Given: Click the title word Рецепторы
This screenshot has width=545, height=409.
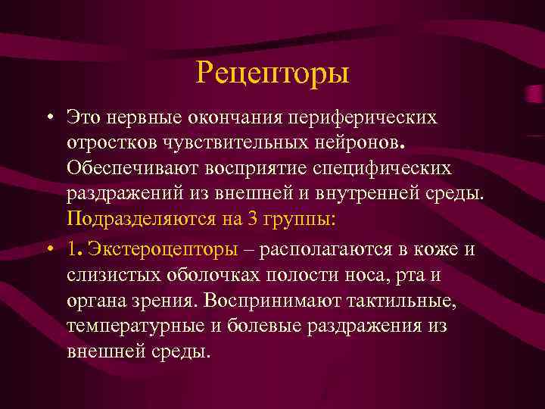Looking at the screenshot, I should pos(272,73).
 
